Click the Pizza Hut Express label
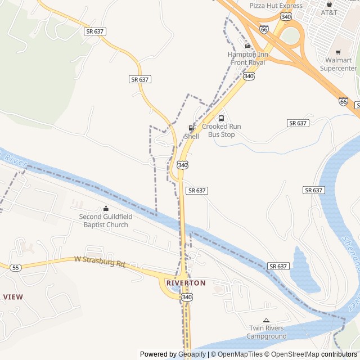click(x=276, y=6)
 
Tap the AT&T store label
click(x=329, y=12)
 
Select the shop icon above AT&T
click(x=329, y=4)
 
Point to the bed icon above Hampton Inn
click(x=247, y=46)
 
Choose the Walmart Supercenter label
click(x=339, y=64)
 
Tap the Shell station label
click(x=191, y=136)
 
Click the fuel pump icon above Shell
click(x=191, y=128)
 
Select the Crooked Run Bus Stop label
click(x=221, y=130)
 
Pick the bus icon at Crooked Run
click(x=221, y=119)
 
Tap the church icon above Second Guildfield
click(x=106, y=209)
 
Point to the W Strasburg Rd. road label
click(x=100, y=261)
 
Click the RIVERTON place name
click(x=186, y=283)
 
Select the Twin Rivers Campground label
click(x=267, y=332)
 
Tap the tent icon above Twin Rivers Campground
click(x=267, y=320)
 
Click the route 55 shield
click(x=15, y=268)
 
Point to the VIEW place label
click(x=12, y=296)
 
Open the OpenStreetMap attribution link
click(x=291, y=354)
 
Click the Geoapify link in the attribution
click(x=192, y=354)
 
